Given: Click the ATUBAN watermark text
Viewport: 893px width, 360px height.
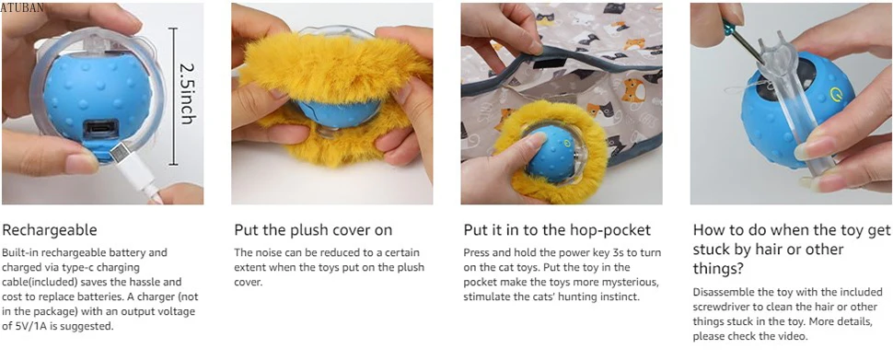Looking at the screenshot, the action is pyautogui.click(x=21, y=8).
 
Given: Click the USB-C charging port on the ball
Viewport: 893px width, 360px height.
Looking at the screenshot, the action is pyautogui.click(x=102, y=129).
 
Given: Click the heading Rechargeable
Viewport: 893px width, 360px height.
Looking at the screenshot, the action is pyautogui.click(x=50, y=230).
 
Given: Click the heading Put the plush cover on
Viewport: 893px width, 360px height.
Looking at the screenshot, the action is pyautogui.click(x=313, y=230).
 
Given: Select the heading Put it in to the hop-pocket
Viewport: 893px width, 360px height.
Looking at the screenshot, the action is pyautogui.click(x=557, y=230).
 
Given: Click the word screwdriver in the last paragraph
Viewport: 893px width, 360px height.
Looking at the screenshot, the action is pyautogui.click(x=721, y=307).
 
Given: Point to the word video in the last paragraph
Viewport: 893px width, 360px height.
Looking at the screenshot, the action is pyautogui.click(x=794, y=337).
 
